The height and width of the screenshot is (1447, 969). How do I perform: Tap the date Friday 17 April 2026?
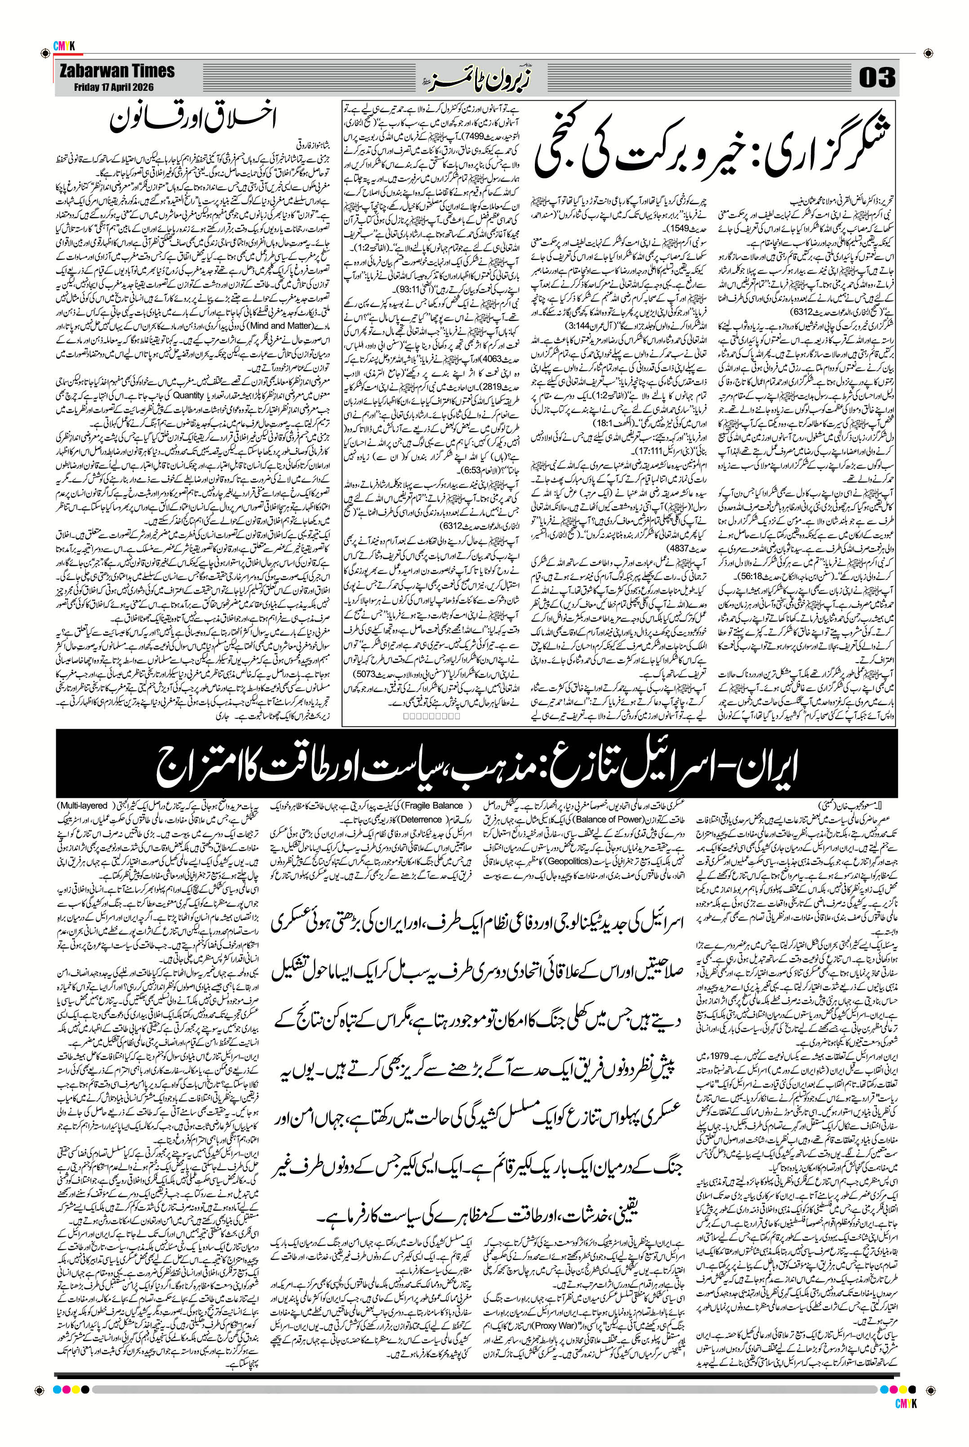tap(114, 87)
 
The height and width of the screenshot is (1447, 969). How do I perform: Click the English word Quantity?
tap(188, 395)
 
